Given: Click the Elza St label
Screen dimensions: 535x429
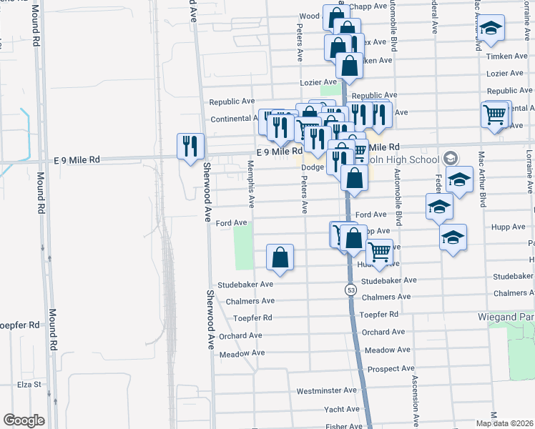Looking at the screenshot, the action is (27, 384).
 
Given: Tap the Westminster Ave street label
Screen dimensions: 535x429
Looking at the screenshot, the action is (326, 391).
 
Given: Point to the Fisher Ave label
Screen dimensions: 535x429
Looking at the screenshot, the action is (345, 427).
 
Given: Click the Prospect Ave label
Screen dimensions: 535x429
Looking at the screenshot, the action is (391, 368).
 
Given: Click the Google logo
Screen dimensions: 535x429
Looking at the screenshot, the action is (24, 420).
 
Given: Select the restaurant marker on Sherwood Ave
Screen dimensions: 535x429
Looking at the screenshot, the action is (190, 147).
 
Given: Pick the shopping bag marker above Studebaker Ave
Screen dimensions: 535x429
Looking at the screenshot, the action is (280, 258).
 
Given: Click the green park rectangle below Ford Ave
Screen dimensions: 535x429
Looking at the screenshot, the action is (244, 245).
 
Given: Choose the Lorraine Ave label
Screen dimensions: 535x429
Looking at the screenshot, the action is (529, 172).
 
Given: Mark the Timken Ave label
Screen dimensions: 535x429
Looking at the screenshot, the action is (505, 56).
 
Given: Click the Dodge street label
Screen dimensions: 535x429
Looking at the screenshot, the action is (313, 167).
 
